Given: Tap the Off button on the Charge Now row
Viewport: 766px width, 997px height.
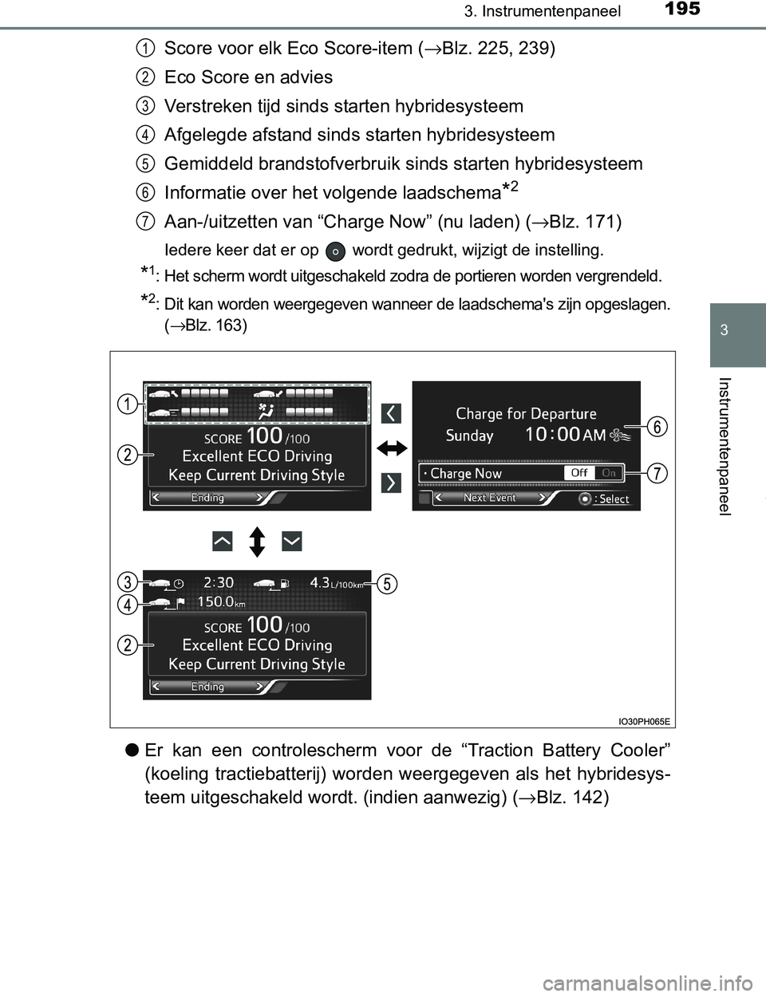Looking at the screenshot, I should pyautogui.click(x=579, y=473).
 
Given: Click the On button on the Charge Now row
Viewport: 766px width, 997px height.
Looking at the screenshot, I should pyautogui.click(x=609, y=473).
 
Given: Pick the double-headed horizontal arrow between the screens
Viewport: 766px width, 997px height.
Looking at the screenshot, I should pyautogui.click(x=392, y=448).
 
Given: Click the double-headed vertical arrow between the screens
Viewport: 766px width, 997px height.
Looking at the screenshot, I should pyautogui.click(x=257, y=542).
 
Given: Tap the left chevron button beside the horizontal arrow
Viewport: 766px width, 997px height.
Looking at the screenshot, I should pyautogui.click(x=391, y=413).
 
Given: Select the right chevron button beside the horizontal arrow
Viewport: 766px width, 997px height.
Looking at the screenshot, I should pyautogui.click(x=391, y=483).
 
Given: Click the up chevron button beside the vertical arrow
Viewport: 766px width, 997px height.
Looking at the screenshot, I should pyautogui.click(x=223, y=542).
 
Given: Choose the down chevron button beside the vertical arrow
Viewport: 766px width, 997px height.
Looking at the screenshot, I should pyautogui.click(x=292, y=542).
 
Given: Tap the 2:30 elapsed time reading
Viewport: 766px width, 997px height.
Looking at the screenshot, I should pyautogui.click(x=219, y=582).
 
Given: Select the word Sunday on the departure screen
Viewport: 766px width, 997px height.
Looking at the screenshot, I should pyautogui.click(x=469, y=436).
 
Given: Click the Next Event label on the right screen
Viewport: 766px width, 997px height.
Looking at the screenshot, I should pyautogui.click(x=490, y=498).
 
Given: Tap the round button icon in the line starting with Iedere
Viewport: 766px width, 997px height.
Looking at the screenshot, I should pyautogui.click(x=336, y=250).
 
